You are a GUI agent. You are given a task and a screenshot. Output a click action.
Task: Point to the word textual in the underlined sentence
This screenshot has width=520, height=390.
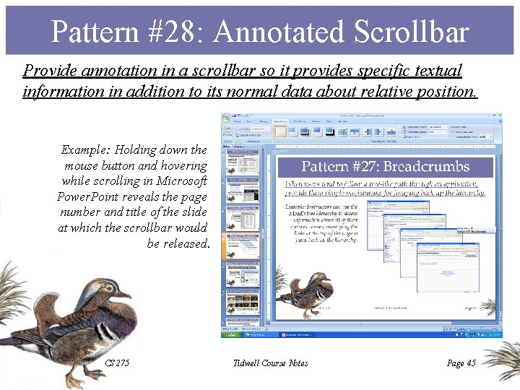(436, 71)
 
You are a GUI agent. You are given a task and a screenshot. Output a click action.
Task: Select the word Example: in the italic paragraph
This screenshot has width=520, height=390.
(87, 150)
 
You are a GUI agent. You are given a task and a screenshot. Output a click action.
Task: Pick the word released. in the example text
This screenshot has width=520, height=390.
(178, 243)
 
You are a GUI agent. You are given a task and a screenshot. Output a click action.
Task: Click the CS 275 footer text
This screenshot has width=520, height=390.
(117, 363)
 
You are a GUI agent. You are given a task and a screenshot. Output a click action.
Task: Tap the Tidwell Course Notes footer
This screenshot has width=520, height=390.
(271, 363)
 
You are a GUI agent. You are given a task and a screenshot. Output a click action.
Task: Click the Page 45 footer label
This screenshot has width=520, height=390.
(461, 363)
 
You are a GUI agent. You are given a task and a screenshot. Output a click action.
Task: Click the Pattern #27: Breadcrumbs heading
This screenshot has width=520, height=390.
(385, 167)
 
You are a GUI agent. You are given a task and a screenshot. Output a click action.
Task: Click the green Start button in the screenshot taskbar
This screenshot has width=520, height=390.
(230, 335)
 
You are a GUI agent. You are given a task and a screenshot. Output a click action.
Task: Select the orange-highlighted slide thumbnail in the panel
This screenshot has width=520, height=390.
(243, 246)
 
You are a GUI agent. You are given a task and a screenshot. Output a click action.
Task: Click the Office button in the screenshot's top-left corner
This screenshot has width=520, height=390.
(226, 118)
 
